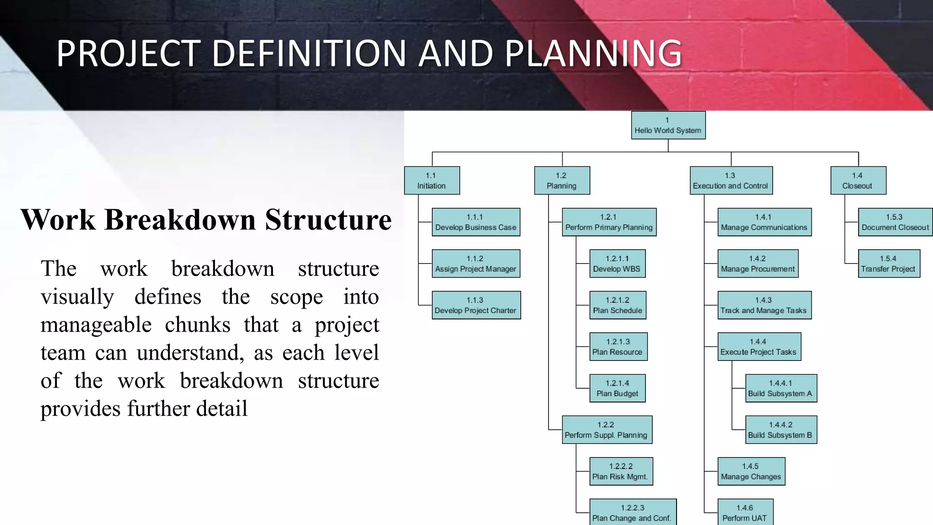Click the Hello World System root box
tap(668, 125)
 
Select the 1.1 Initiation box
tap(431, 180)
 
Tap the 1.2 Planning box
tap(562, 180)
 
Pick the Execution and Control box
tap(731, 180)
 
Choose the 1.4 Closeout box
tap(858, 180)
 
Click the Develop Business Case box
tap(476, 222)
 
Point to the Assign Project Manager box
tap(476, 263)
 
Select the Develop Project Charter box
tap(476, 305)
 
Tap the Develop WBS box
tap(617, 263)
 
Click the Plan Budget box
tap(617, 388)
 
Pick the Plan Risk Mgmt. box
tap(621, 471)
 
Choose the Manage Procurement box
tap(758, 263)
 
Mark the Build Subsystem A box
tap(781, 388)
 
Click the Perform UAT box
tap(745, 513)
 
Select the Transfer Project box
tap(889, 263)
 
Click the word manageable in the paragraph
tap(96, 325)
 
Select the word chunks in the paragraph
tap(197, 325)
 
